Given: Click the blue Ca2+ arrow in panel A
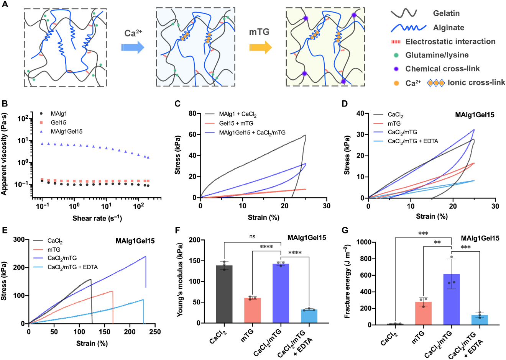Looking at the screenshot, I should click(133, 47).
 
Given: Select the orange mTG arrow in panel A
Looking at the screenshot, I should click(260, 47).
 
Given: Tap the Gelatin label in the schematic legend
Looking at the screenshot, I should click(446, 13).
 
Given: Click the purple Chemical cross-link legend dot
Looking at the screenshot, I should click(396, 69).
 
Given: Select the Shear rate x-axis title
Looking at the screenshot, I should click(97, 218).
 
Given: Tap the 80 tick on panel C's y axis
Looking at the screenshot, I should click(192, 114).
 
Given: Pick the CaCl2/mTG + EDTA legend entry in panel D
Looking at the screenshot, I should click(413, 141).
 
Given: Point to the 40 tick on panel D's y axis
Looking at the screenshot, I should click(360, 114).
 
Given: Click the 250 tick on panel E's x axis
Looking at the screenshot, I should click(155, 332).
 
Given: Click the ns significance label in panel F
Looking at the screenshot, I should click(252, 237).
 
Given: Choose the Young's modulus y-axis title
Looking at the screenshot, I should click(181, 281).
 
